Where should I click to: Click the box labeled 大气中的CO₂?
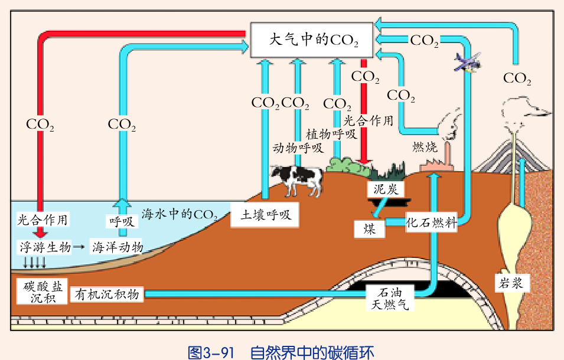pos(312,40)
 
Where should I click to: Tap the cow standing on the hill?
pos(298,178)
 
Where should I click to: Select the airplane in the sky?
pos(468,61)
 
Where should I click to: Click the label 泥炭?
pos(386,189)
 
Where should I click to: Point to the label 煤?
pos(370,228)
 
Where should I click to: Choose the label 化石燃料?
pos(432,223)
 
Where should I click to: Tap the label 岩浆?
pos(508,283)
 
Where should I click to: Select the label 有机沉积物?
pos(107,294)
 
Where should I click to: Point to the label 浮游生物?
pos(45,246)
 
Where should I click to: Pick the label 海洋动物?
pos(117,246)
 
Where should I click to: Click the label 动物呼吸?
pos(297,148)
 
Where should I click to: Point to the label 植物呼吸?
pos(331,133)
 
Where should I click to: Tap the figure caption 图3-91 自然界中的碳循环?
pos(281,352)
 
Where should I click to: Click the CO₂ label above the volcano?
pos(517,78)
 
